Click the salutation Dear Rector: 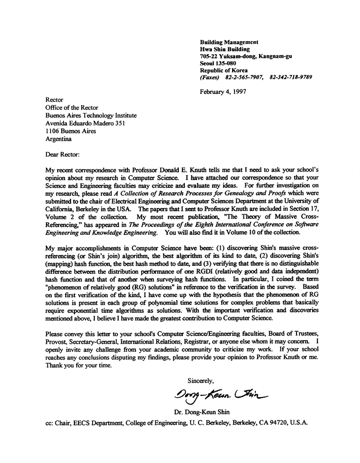63,154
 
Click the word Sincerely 201,380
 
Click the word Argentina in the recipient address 59,139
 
